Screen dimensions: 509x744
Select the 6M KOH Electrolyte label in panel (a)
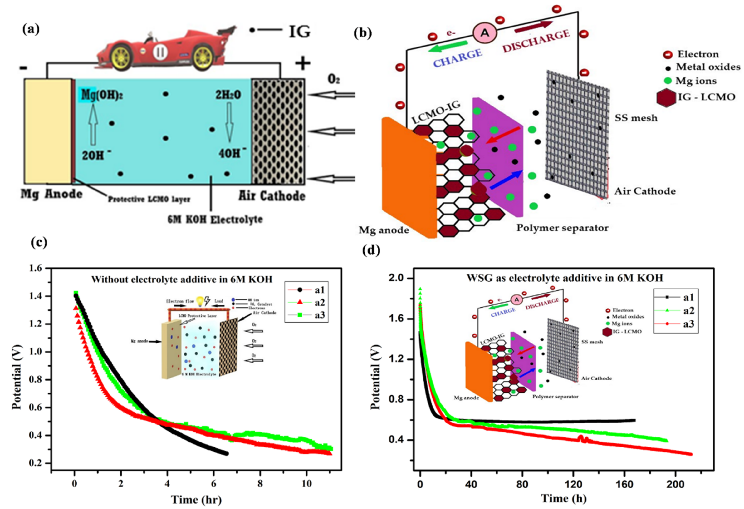pos(215,220)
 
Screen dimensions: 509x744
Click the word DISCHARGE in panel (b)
pos(536,41)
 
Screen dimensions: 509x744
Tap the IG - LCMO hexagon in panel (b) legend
pos(666,97)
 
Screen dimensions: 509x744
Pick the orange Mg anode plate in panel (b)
pos(408,178)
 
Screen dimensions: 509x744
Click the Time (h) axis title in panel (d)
pos(564,498)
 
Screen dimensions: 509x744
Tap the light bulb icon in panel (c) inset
pos(200,301)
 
